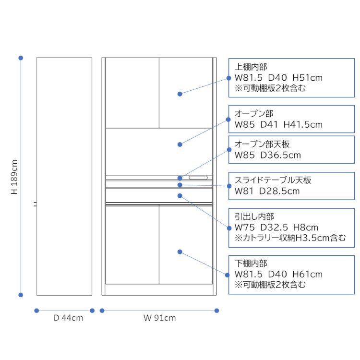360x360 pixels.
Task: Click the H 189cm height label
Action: click(14, 177)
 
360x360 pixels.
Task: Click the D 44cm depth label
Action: click(69, 318)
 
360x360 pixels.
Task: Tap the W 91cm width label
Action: click(159, 318)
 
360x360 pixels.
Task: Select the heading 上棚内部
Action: click(251, 67)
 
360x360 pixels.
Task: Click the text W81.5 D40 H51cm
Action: click(278, 78)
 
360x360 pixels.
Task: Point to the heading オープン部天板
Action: click(262, 144)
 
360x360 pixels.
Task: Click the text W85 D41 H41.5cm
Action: click(278, 125)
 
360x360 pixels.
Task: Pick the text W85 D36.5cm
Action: click(268, 155)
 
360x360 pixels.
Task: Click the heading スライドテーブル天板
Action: click(273, 180)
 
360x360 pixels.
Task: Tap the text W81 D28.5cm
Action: click(267, 191)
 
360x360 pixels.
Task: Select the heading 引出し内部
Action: click(254, 216)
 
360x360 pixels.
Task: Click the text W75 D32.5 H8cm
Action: click(276, 228)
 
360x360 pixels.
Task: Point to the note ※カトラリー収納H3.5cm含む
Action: click(290, 238)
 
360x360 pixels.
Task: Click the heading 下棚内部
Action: click(251, 264)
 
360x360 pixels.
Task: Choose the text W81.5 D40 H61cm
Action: click(278, 275)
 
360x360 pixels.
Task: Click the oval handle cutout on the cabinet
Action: click(198, 178)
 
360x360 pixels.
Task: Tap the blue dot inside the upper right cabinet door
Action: click(180, 94)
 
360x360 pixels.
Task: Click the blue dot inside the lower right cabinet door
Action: click(180, 252)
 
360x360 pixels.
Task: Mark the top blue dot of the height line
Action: click(21, 58)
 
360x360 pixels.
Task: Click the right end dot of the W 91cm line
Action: click(216, 311)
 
